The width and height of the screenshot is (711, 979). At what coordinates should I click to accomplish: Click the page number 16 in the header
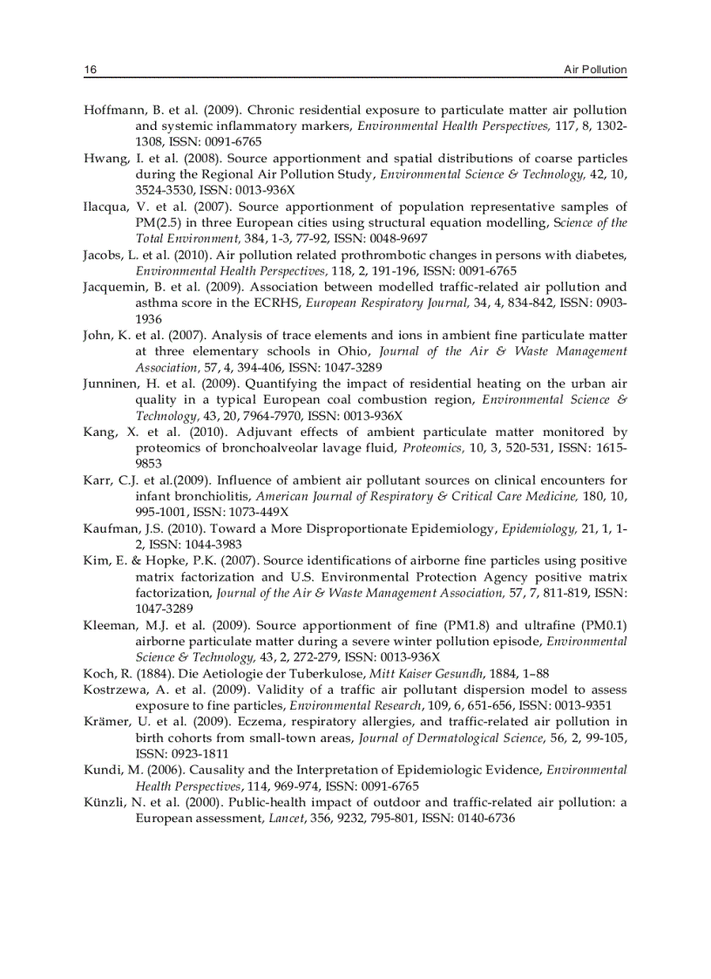(90, 70)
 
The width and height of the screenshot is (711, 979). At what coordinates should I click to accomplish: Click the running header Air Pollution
(595, 70)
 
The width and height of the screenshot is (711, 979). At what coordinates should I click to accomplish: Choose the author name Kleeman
(111, 625)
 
